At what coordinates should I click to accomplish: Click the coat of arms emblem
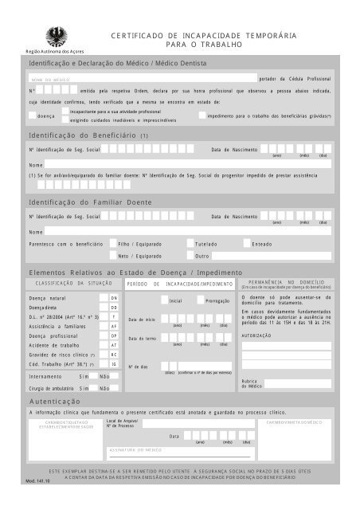tap(56, 33)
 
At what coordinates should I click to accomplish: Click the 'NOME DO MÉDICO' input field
tap(143, 80)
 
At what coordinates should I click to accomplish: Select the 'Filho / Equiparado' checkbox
tap(112, 244)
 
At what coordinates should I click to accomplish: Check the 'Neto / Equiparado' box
tap(112, 257)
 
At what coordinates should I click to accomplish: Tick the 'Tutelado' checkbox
tap(190, 244)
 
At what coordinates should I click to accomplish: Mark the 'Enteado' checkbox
tap(245, 244)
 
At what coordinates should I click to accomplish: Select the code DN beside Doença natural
tap(114, 297)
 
